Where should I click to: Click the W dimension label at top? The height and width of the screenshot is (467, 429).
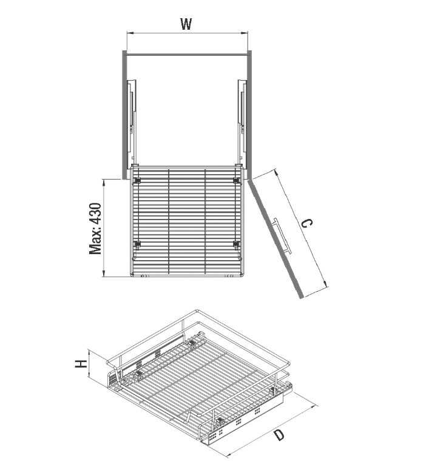pos(186,24)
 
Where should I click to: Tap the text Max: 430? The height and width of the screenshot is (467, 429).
pos(95,229)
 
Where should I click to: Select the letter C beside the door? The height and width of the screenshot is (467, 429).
pos(307,223)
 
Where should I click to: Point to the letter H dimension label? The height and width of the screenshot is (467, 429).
pos(81,364)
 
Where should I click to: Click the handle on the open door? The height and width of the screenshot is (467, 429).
pos(282,236)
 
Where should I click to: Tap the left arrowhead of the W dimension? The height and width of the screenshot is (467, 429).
pos(129,33)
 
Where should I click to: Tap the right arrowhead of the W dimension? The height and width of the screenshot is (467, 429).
pos(245,33)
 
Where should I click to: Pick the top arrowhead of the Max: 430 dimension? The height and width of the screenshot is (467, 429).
pos(104,182)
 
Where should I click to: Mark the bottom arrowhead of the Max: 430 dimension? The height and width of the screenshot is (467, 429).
pos(104,274)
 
